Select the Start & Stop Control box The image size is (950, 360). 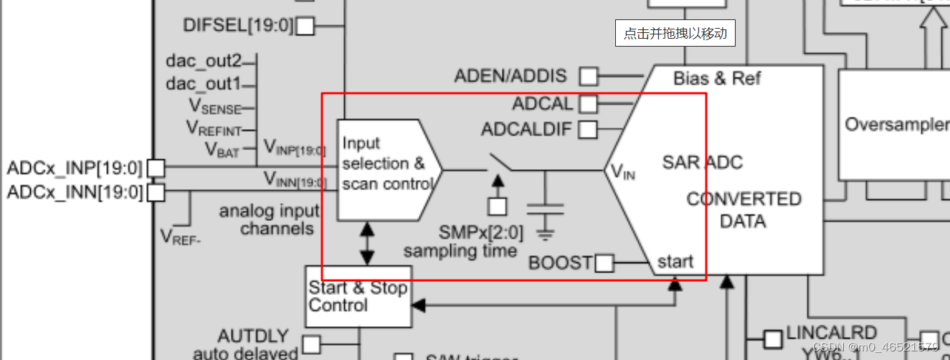(358, 296)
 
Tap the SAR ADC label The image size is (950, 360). (702, 163)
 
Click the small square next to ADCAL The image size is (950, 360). (588, 104)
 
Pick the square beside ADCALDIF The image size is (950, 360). (588, 130)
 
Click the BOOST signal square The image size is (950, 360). (604, 263)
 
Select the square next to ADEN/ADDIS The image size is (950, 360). (589, 75)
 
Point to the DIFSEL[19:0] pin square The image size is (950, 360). (305, 26)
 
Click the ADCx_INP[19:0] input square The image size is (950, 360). (156, 169)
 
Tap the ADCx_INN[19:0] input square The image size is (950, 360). (156, 192)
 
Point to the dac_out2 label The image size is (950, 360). (204, 61)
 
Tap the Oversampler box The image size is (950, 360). (893, 124)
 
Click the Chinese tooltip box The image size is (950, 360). (675, 33)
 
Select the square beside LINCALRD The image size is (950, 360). (772, 338)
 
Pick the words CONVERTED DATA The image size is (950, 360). (743, 209)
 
